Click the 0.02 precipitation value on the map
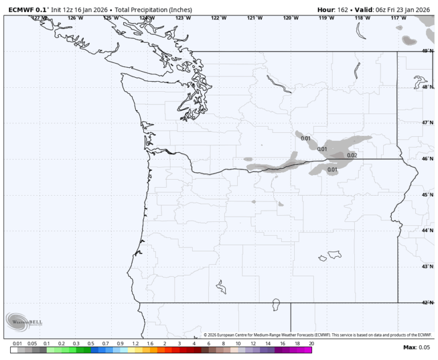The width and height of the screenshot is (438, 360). click(x=351, y=155)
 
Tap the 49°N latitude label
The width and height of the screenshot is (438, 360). click(x=428, y=51)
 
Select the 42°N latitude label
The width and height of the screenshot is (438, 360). click(x=428, y=302)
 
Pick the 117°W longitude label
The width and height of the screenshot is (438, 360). click(x=398, y=18)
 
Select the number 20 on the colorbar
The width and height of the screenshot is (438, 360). click(x=311, y=343)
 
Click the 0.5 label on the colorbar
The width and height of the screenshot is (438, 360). click(x=91, y=343)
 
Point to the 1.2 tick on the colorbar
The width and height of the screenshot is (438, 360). click(x=135, y=343)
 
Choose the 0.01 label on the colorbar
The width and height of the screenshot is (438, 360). click(x=17, y=343)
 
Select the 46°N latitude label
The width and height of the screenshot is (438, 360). click(x=428, y=159)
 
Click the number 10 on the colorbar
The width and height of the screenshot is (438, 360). click(x=238, y=343)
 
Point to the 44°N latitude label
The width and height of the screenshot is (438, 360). click(x=428, y=230)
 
